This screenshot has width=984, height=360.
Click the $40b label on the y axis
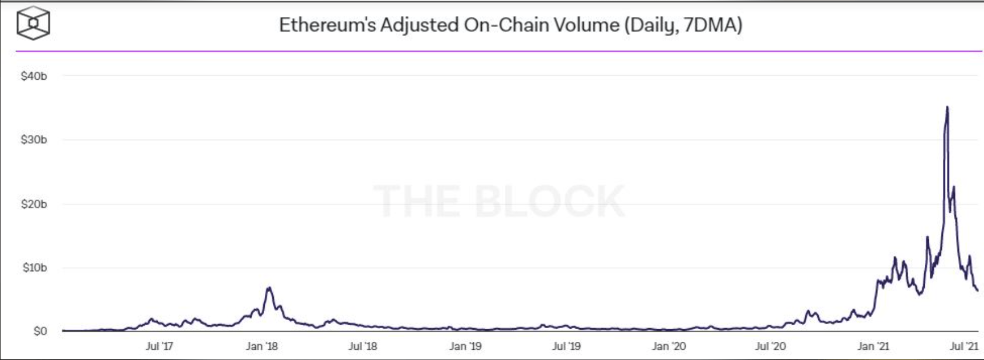[34, 76]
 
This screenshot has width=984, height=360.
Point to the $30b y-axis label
[34, 140]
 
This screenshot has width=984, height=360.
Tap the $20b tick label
[34, 204]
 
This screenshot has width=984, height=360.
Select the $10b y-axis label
[35, 268]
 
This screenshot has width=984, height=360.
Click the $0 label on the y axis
[40, 331]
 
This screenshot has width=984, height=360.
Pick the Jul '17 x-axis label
[159, 346]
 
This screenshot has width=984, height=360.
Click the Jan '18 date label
[262, 346]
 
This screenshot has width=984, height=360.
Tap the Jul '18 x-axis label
[363, 346]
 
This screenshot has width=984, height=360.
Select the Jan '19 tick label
[465, 346]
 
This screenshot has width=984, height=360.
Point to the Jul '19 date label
[567, 346]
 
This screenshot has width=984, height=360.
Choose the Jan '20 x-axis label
[669, 346]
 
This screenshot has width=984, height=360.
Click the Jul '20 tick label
[770, 346]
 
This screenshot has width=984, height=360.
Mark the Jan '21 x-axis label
[873, 346]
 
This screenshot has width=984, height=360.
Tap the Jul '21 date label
[964, 346]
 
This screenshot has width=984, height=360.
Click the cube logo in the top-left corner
[33, 23]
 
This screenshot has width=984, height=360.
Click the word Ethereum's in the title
[327, 25]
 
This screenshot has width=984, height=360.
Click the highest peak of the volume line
[947, 107]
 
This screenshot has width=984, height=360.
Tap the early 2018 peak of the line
[269, 288]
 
